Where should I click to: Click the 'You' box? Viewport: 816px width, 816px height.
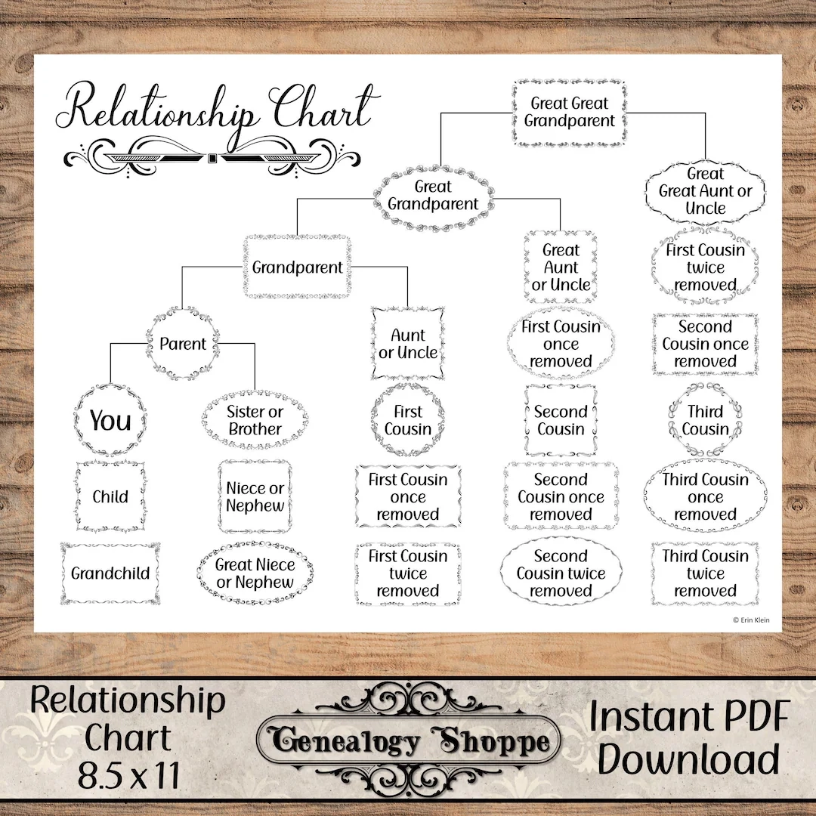[110, 421]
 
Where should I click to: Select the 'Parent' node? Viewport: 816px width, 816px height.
[182, 344]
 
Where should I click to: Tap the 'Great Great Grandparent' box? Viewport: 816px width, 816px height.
[569, 112]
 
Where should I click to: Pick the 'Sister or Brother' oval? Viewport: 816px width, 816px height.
[255, 421]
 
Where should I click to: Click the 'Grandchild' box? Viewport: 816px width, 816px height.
[110, 573]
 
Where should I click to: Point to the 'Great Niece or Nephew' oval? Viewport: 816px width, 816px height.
[255, 573]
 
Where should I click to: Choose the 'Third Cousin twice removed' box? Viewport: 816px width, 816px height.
[705, 573]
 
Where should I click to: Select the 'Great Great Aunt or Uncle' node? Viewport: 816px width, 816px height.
[705, 191]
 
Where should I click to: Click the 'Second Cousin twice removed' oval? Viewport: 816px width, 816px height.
[561, 573]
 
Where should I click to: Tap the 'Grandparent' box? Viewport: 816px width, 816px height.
[297, 267]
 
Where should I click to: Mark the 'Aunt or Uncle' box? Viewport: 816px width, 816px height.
[408, 344]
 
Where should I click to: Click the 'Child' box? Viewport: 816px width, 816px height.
[110, 497]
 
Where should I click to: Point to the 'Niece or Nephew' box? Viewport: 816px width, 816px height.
[255, 497]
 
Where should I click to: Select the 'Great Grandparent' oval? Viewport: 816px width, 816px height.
[433, 196]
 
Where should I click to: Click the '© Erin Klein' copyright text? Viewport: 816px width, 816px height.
[751, 620]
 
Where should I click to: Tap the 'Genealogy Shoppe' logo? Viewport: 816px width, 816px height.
[408, 743]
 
